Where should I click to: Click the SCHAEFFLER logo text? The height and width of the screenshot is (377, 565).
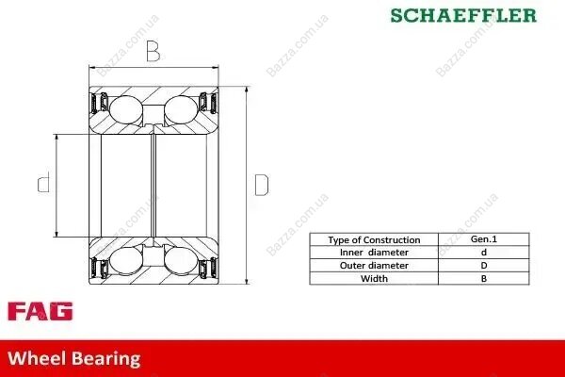point(463,15)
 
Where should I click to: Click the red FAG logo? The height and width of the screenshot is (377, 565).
point(40,311)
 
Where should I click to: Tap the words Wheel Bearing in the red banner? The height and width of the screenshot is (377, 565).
point(73,358)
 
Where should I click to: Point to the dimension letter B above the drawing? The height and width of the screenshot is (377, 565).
point(153,51)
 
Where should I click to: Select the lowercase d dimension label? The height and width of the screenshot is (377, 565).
point(44,182)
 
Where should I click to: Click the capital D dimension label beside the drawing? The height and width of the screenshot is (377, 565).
point(262,185)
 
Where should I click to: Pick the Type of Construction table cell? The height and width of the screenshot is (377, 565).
point(374,240)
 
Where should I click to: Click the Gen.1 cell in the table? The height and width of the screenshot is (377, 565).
point(484,239)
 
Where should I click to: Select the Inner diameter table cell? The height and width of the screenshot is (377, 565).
point(374,253)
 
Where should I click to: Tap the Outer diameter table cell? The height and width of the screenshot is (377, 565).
point(374,266)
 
